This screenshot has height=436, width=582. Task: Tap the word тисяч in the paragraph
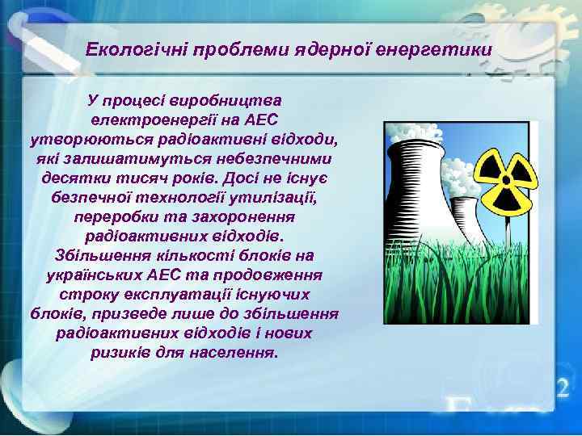tap(146, 178)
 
